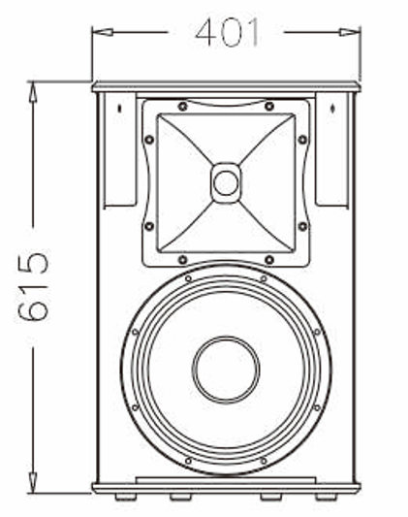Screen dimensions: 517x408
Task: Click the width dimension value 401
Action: [x=227, y=32]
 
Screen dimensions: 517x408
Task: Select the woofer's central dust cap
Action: [x=226, y=370]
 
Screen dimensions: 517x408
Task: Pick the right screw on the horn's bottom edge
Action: [x=268, y=259]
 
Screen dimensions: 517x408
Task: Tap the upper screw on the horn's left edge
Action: [x=149, y=140]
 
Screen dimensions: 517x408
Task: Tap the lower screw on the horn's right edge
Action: [x=302, y=226]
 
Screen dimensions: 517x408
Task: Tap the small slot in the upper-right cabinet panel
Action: [x=332, y=109]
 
